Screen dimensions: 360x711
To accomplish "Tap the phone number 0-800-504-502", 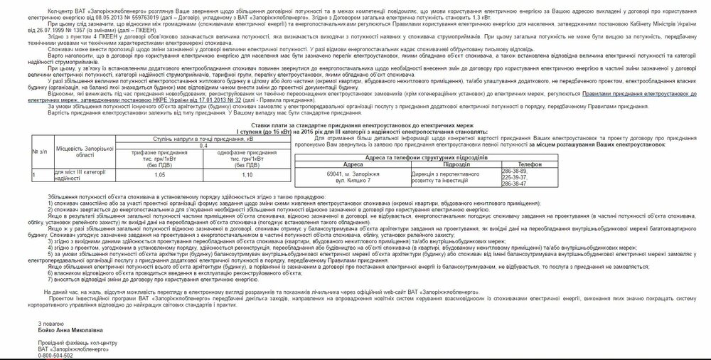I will point(55,355).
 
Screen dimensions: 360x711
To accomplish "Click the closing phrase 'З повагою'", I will point(50,322).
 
